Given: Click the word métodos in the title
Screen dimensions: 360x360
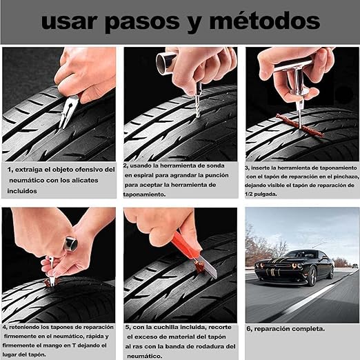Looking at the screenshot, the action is (265, 21).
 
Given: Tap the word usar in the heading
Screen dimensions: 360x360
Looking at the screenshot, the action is (68, 21).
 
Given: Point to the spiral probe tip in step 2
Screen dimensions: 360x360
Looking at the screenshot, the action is (198, 107).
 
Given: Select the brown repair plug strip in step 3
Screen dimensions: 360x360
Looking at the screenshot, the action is (300, 126).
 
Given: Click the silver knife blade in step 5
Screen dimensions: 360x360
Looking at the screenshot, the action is (208, 268).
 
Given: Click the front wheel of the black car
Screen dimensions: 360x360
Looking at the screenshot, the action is (313, 277).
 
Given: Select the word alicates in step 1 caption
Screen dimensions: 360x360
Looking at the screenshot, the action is (85, 180).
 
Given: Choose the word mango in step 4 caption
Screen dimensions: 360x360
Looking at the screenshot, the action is (52, 346).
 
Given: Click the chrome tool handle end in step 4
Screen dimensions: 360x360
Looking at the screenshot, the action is (70, 243).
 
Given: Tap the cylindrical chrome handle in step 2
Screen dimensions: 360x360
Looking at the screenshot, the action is (166, 63).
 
